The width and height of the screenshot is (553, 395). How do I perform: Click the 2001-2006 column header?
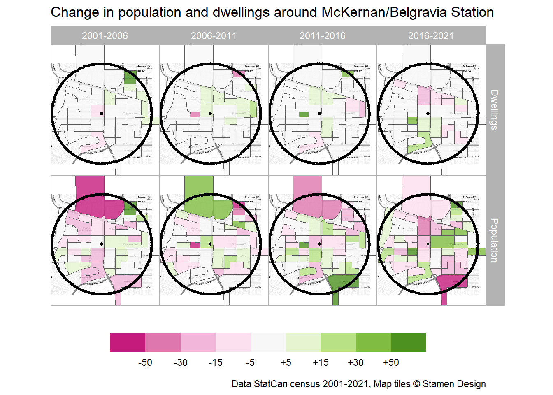tap(105, 36)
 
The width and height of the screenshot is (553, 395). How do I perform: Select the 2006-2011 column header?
tap(214, 36)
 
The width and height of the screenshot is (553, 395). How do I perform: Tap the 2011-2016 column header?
tap(322, 36)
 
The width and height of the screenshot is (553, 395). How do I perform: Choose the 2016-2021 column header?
tap(431, 36)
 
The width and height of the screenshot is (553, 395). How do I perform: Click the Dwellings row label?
tap(495, 109)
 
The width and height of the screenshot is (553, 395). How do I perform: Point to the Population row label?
tap(495, 240)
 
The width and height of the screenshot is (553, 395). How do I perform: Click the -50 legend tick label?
tap(145, 362)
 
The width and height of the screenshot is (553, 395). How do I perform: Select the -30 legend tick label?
tap(180, 362)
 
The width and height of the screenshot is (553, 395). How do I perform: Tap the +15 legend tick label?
tap(321, 362)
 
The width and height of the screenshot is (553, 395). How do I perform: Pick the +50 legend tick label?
tap(391, 362)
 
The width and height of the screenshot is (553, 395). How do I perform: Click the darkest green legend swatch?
tap(409, 342)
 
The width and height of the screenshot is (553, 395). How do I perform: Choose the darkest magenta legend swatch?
tap(128, 342)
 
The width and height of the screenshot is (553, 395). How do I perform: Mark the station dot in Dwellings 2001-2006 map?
tap(102, 114)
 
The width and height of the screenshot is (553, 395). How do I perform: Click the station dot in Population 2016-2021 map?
tap(428, 244)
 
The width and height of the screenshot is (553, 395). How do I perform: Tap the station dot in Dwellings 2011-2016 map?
tap(319, 114)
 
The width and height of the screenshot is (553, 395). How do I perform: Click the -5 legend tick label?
tap(250, 362)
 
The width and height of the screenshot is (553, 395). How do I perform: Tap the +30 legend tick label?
tap(355, 362)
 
